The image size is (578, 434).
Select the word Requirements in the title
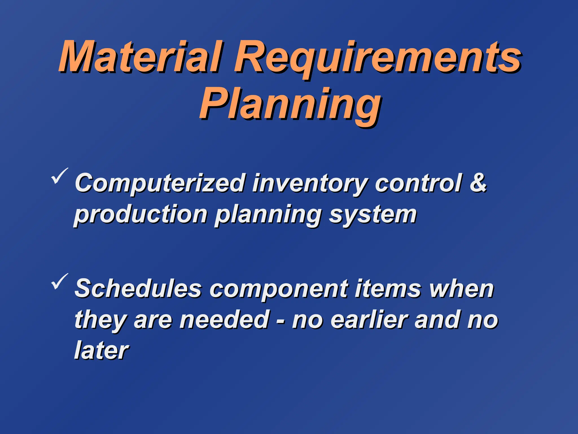pos(378,58)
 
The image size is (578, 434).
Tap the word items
pos(388,289)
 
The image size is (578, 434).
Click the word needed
pos(225,320)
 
